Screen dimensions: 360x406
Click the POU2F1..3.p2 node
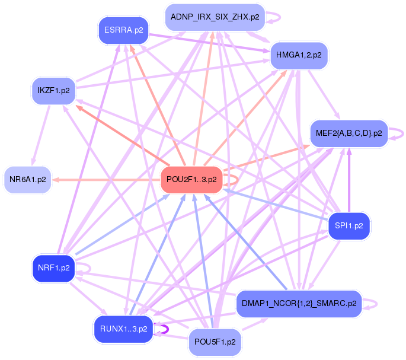(191, 179)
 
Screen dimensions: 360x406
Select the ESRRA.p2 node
(123, 31)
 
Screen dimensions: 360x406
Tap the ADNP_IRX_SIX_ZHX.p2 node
(215, 17)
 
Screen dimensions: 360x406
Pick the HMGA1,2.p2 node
(299, 56)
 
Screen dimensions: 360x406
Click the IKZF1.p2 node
(53, 91)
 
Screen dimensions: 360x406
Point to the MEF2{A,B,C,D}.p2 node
(349, 133)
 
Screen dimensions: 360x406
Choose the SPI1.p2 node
(349, 226)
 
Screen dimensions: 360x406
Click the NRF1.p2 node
(54, 268)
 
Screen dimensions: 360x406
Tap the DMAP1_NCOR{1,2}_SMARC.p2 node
(299, 304)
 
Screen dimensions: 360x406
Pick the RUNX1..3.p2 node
(123, 329)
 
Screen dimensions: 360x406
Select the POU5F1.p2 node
(215, 343)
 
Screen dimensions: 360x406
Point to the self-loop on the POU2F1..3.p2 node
(235, 179)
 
